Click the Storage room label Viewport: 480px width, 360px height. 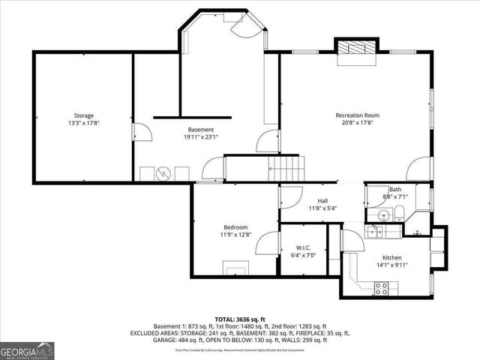point(83,115)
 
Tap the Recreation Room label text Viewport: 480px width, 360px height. point(357,115)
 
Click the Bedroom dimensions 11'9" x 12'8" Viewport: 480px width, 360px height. point(235,235)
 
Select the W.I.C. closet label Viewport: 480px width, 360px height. point(304,248)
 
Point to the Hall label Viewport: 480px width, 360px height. point(322,200)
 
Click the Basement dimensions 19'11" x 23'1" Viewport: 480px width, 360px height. point(200,137)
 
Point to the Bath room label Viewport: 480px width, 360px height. point(394,189)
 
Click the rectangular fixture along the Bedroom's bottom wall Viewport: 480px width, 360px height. point(235,268)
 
